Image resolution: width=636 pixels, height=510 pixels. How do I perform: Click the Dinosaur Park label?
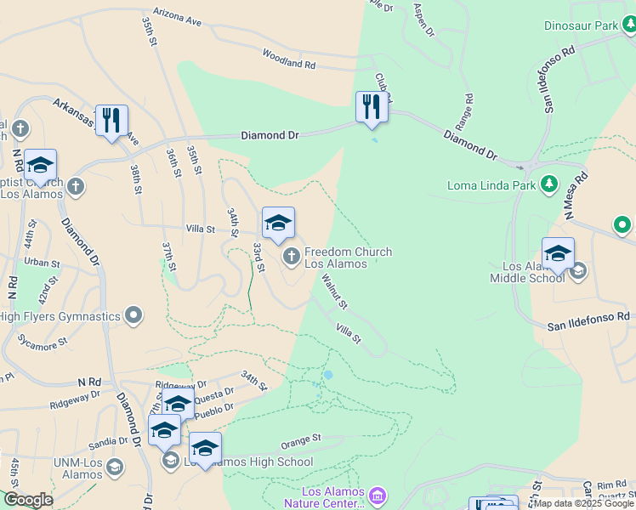pyautogui.click(x=581, y=26)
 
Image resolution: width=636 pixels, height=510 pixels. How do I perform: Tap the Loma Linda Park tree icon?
pyautogui.click(x=549, y=184)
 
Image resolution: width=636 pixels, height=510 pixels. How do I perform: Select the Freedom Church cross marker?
pyautogui.click(x=291, y=255)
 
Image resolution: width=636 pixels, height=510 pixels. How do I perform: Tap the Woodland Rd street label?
pyautogui.click(x=288, y=64)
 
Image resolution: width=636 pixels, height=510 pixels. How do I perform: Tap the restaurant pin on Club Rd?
pyautogui.click(x=372, y=107)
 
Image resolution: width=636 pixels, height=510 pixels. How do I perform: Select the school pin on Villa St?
pyautogui.click(x=278, y=223)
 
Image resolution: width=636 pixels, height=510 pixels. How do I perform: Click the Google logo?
pyautogui.click(x=28, y=500)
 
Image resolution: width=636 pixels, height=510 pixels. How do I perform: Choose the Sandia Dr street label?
pyautogui.click(x=107, y=442)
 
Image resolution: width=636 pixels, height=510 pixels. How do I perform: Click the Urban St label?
pyautogui.click(x=43, y=263)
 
